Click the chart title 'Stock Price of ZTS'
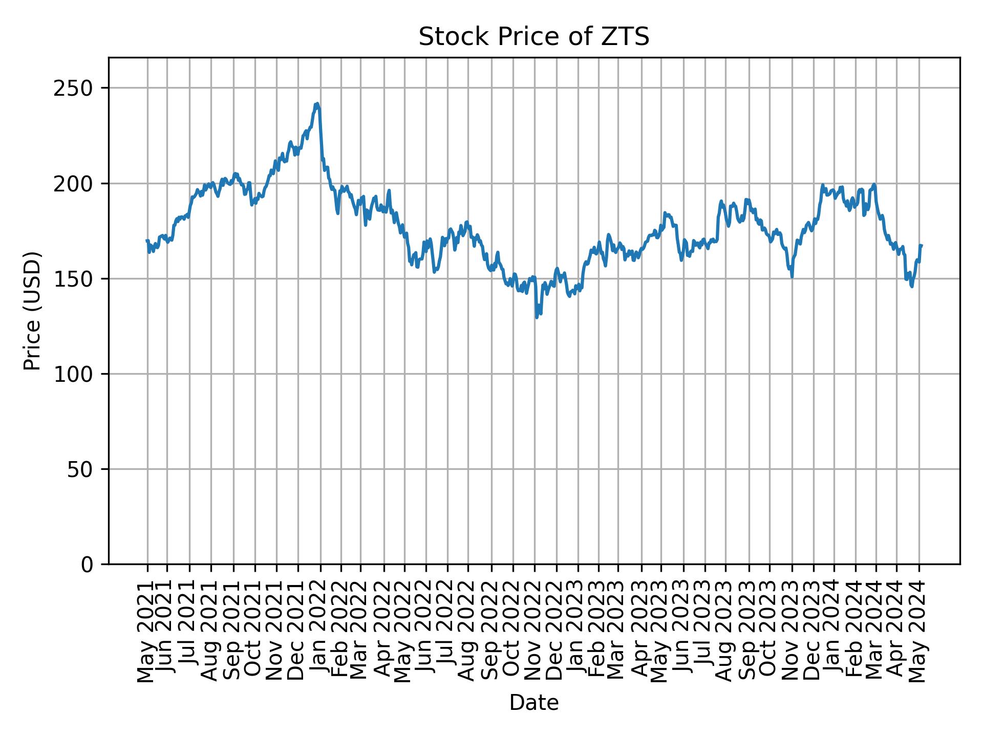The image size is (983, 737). [534, 37]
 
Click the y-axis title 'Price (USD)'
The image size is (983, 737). [32, 311]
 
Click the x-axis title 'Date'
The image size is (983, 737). [534, 703]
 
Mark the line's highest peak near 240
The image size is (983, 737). [317, 103]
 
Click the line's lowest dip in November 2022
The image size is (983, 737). [537, 318]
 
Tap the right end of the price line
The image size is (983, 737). [922, 246]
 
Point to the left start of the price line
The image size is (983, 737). [147, 240]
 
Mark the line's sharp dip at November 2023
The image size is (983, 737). [792, 277]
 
